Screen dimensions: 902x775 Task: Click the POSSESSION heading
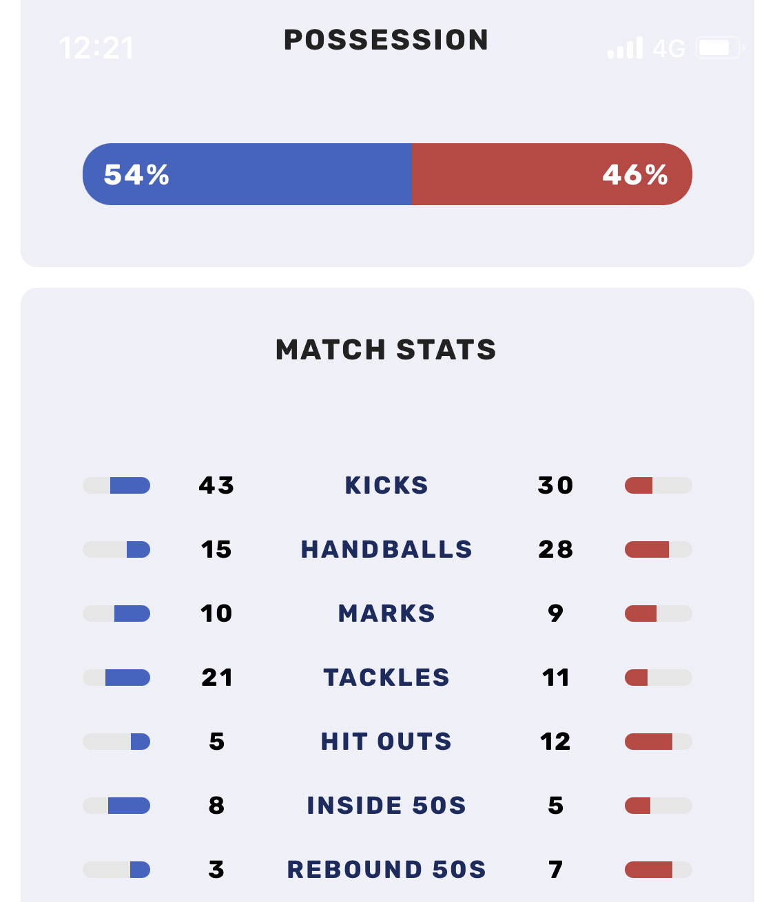click(x=386, y=40)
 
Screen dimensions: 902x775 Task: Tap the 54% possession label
click(x=136, y=175)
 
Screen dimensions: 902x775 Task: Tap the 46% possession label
click(x=634, y=175)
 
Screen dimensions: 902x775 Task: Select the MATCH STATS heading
click(x=386, y=350)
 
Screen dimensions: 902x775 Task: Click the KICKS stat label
click(x=386, y=485)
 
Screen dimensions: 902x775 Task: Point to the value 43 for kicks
click(x=216, y=485)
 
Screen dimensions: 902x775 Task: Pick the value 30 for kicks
click(x=555, y=485)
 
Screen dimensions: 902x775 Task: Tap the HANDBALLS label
click(x=386, y=549)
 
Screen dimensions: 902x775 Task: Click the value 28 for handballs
click(x=555, y=549)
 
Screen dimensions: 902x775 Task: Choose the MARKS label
click(x=386, y=613)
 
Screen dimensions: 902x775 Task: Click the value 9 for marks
click(x=555, y=613)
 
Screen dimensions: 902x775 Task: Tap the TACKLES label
click(x=386, y=678)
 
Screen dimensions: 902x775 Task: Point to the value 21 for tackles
click(x=216, y=678)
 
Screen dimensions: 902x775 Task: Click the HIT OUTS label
click(x=386, y=742)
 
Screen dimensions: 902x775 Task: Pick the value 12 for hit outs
click(x=555, y=742)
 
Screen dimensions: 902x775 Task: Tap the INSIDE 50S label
click(x=386, y=806)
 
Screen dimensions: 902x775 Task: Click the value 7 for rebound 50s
click(x=555, y=870)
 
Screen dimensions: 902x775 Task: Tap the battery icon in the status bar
click(x=719, y=48)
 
